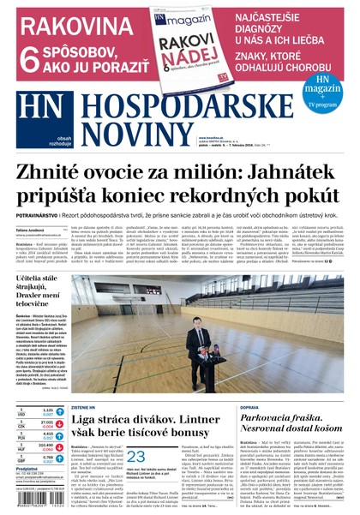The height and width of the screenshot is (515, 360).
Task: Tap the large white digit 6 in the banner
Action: (27, 56)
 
